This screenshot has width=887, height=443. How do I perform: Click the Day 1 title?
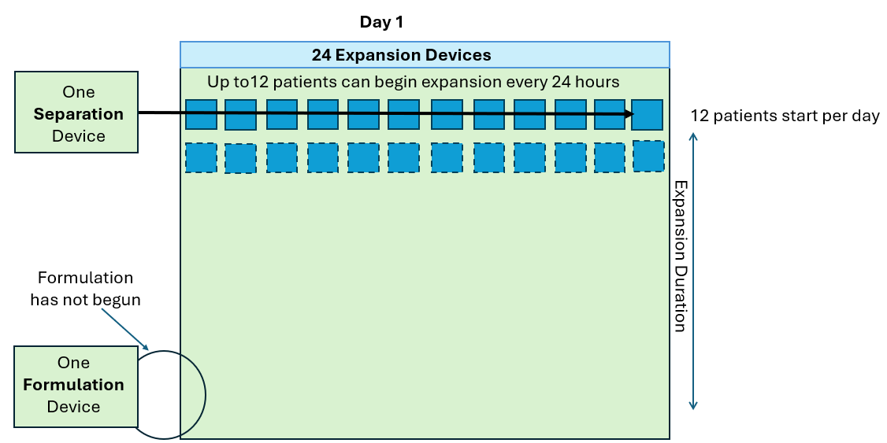coord(381,22)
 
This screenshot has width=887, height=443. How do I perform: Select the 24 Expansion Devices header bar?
coord(425,54)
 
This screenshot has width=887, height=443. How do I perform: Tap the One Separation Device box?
coord(76,113)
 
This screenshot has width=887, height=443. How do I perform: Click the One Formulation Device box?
coord(73,386)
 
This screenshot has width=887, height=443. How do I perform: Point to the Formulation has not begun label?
coord(85,288)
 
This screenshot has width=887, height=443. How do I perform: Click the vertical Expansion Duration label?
coord(680,256)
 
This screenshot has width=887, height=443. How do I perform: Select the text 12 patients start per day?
coord(785,116)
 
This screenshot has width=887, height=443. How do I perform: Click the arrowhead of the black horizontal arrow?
coord(628,114)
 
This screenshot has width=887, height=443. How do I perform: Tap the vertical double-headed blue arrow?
coord(693,271)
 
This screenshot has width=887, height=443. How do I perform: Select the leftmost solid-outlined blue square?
coord(201,114)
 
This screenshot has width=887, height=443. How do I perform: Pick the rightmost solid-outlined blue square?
coord(647,114)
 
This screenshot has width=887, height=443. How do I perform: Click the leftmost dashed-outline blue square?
coord(201,157)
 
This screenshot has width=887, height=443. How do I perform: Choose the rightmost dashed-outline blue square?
coord(648,156)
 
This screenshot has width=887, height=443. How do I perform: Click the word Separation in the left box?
coord(78,114)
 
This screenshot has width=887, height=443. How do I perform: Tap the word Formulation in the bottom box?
coord(73,385)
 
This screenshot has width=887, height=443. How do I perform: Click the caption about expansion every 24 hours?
coord(413,82)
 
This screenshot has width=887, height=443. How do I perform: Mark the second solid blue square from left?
coord(240,115)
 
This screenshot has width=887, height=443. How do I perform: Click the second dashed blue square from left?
coord(240,158)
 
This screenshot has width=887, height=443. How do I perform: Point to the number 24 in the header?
coord(321,55)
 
